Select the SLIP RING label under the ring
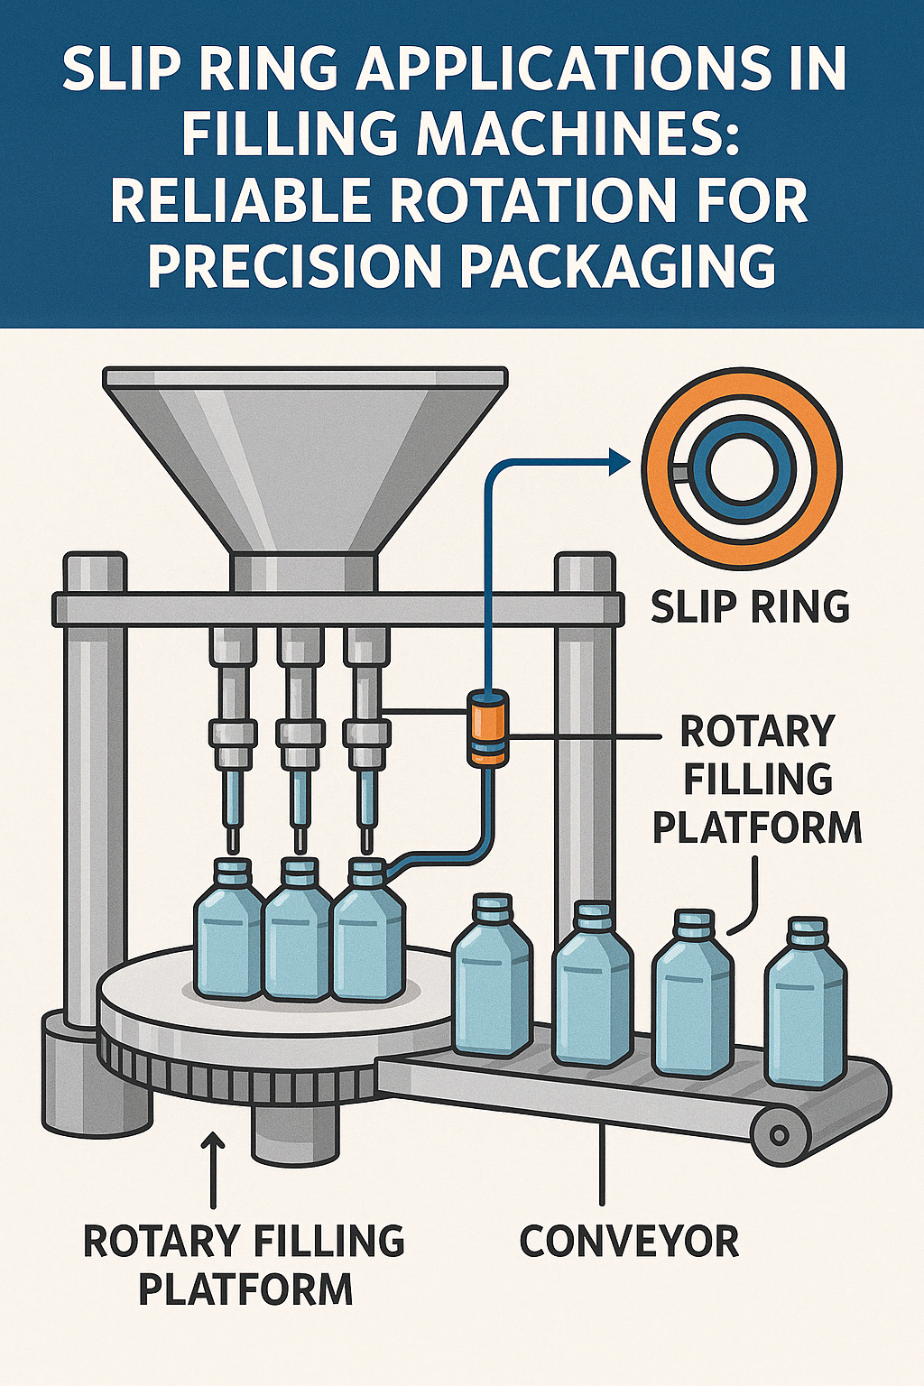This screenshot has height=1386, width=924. pos(750,606)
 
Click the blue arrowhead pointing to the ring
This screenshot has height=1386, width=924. pos(619,462)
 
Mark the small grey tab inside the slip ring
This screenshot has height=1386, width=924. pos(679,473)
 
